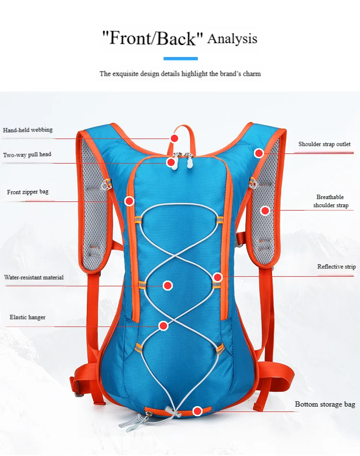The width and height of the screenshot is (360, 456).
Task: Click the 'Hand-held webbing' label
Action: click(28, 130)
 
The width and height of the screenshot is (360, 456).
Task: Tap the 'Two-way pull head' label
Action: click(27, 154)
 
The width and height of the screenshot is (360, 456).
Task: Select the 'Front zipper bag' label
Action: click(28, 192)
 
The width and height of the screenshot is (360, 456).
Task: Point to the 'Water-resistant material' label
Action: click(34, 277)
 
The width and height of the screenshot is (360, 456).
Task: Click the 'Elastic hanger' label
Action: click(28, 317)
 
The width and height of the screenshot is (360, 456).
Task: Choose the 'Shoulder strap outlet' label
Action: click(324, 144)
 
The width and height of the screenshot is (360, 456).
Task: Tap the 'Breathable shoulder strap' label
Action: click(331, 201)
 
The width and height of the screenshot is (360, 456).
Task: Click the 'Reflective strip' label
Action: click(336, 267)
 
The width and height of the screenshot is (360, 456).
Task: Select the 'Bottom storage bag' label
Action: click(325, 404)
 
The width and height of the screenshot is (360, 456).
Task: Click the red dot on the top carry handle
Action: click(174, 139)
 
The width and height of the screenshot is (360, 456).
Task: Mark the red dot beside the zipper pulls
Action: click(171, 162)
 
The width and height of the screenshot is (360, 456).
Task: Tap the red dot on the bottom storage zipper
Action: click(198, 411)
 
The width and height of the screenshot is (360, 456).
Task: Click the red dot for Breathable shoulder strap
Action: click(265, 210)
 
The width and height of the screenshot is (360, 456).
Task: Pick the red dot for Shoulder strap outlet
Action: click(259, 153)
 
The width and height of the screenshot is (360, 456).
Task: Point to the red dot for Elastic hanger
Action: click(164, 326)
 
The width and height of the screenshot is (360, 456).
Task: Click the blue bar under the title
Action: click(181, 58)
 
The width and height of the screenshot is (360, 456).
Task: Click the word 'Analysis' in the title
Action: click(232, 39)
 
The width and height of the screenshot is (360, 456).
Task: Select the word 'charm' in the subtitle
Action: click(252, 73)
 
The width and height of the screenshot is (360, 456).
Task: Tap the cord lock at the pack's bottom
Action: click(169, 410)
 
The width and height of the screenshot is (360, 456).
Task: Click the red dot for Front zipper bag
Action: click(129, 200)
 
